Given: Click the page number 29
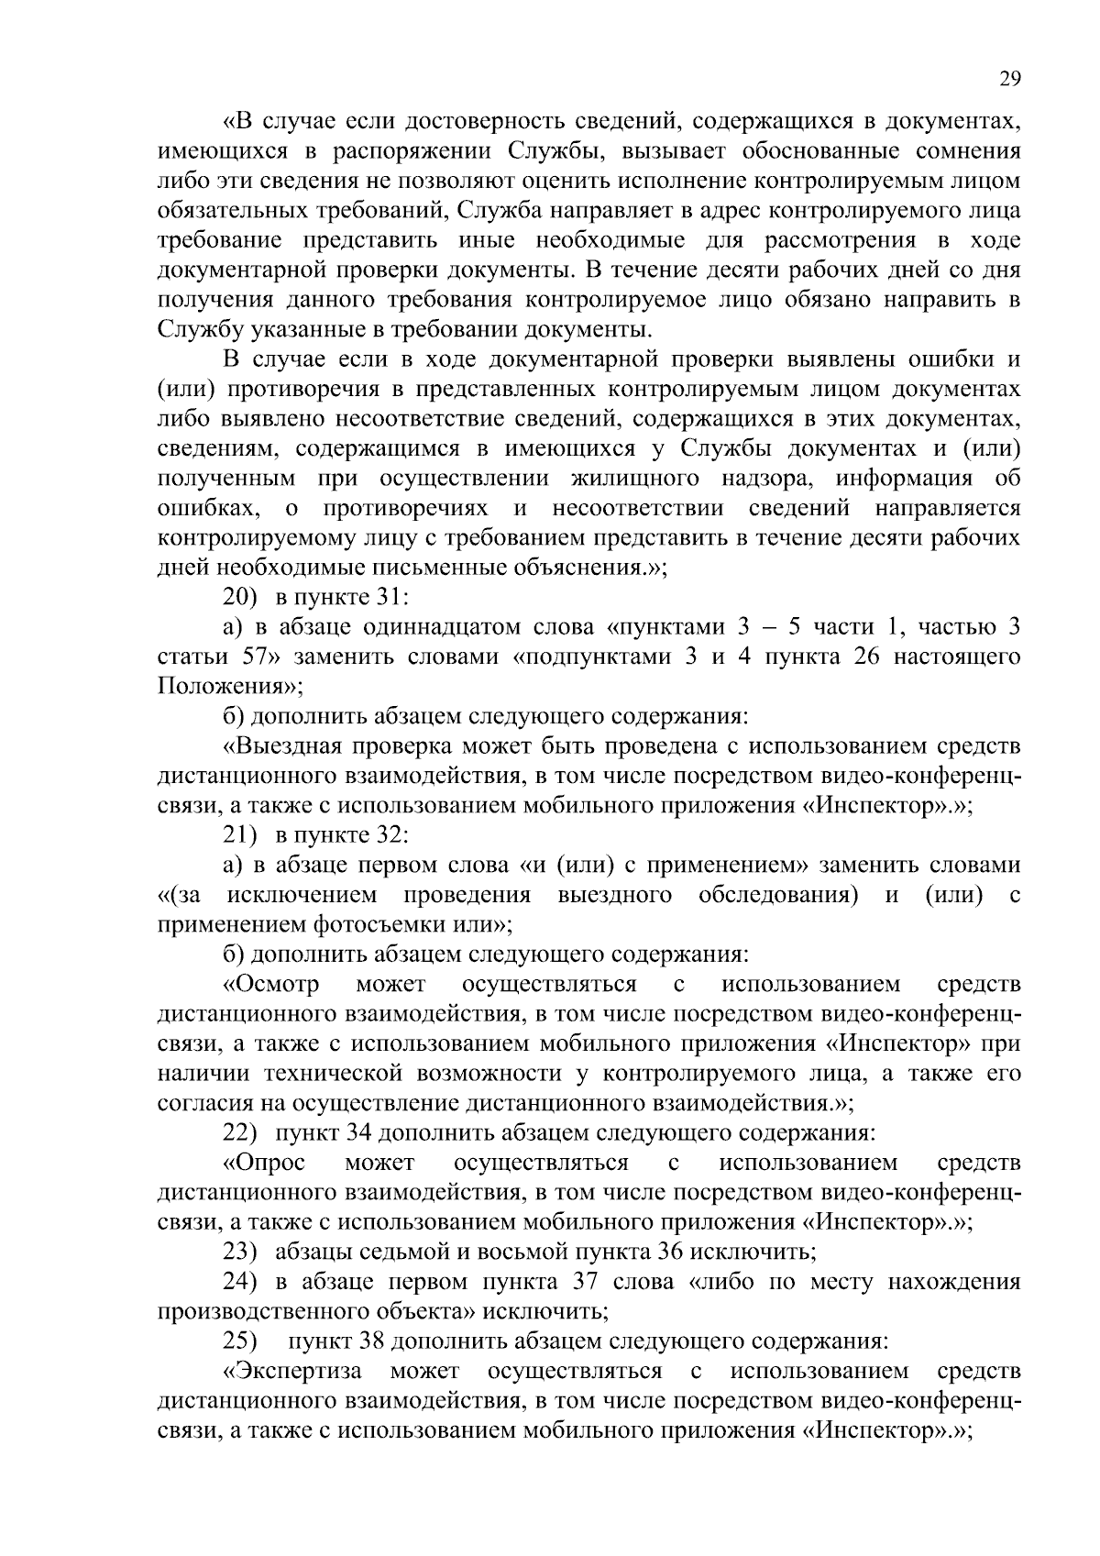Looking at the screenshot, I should point(1009,79).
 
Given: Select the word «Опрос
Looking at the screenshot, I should point(265,1164).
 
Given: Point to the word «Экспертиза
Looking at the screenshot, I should point(292,1372).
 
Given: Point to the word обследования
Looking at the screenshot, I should point(777,895).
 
